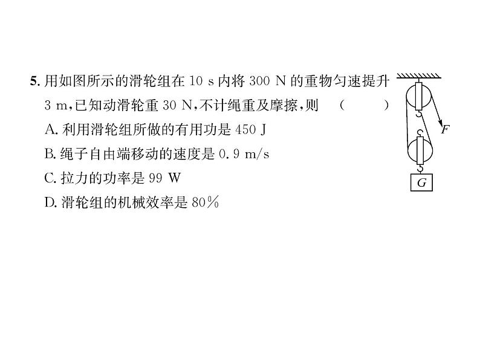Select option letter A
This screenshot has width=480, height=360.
pyautogui.click(x=50, y=129)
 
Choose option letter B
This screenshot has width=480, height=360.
pyautogui.click(x=50, y=154)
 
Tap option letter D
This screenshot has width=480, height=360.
pyautogui.click(x=50, y=203)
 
